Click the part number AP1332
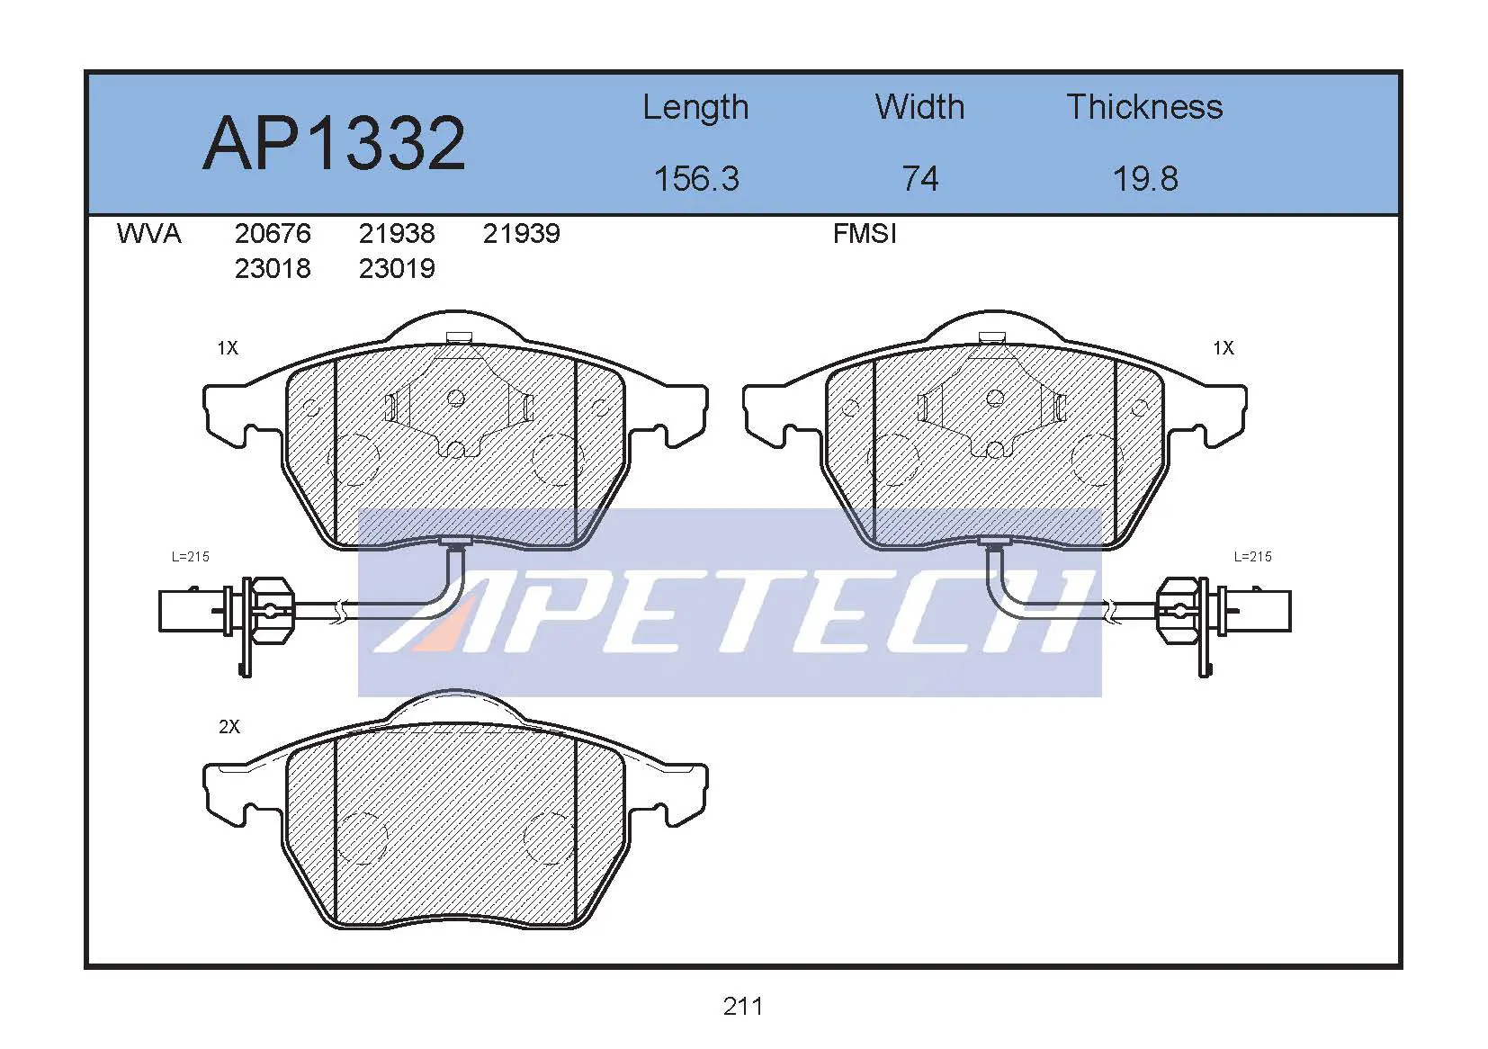point(334,143)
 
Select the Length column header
point(695,108)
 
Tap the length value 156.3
point(696,179)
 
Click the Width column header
point(920,107)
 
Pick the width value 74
point(920,179)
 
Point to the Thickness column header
point(1144,107)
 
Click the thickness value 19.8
point(1145,179)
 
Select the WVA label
point(148,234)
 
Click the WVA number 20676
point(273,234)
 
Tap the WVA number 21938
point(397,234)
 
